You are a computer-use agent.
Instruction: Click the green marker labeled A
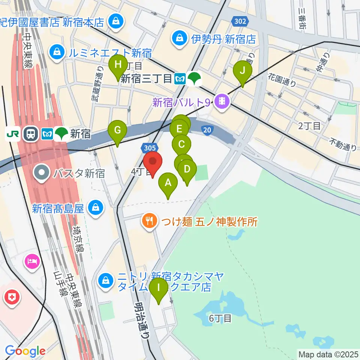[x=168, y=183]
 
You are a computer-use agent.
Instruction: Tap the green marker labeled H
[x=118, y=65]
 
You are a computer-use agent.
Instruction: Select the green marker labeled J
[x=243, y=70]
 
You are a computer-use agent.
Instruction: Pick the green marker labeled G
[x=117, y=130]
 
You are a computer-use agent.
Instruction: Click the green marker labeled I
[x=159, y=288]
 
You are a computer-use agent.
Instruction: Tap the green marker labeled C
[x=181, y=144]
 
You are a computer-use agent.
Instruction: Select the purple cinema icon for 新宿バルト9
[x=222, y=101]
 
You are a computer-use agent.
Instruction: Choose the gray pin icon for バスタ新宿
[x=42, y=173]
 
